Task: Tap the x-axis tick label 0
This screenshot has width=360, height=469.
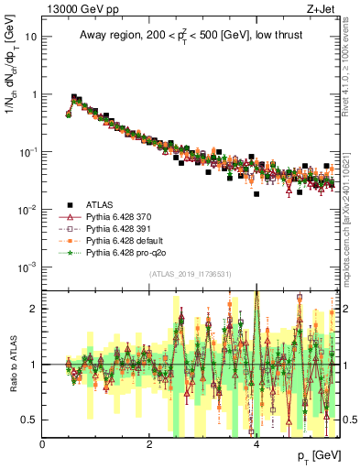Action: point(43,444)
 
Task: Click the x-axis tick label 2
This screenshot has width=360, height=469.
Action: point(149,444)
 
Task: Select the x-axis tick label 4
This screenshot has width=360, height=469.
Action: point(256,444)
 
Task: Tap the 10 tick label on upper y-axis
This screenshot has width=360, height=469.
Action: point(30,37)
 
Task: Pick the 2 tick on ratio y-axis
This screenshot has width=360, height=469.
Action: point(34,309)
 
